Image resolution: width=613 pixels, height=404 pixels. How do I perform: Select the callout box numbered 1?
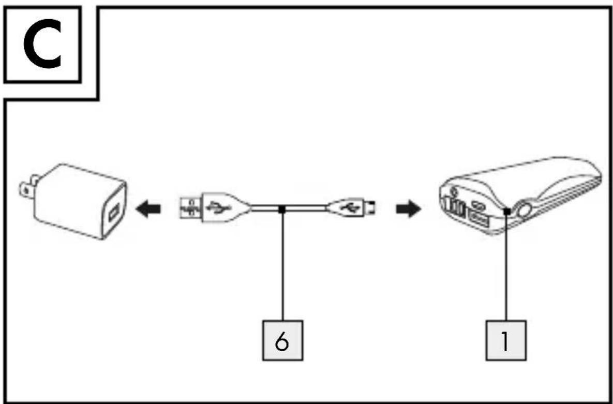click(506, 340)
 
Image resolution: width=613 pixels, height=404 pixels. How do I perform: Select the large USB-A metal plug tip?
click(190, 207)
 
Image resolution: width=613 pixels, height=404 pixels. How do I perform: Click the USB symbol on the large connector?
click(216, 207)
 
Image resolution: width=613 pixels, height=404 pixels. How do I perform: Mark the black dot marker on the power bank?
click(506, 211)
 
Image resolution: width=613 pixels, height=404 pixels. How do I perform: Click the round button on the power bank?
click(524, 212)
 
